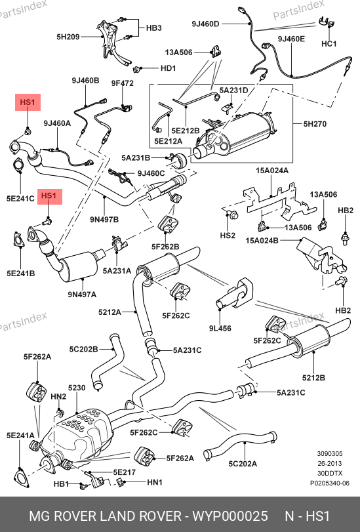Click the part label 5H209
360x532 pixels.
[x=68, y=36]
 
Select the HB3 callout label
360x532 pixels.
[x=153, y=28]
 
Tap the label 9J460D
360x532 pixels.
[x=205, y=24]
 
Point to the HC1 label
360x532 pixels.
[x=329, y=44]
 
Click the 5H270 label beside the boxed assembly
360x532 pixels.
[x=315, y=124]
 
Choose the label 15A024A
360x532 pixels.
[x=271, y=171]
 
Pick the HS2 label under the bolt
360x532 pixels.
[x=228, y=235]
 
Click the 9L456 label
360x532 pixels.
[x=220, y=328]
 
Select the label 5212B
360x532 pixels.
[x=313, y=377]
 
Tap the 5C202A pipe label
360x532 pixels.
[x=243, y=464]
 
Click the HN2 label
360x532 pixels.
[x=58, y=396]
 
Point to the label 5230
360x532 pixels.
[x=77, y=388]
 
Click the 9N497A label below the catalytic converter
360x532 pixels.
[x=82, y=294]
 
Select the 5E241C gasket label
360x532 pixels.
[x=20, y=198]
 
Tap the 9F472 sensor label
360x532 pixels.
[x=123, y=83]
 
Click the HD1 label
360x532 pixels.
[x=169, y=68]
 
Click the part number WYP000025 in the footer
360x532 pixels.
[x=230, y=516]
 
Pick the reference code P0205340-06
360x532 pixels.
[x=329, y=483]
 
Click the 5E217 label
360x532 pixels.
[x=124, y=472]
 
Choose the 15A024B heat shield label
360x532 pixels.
[x=262, y=241]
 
